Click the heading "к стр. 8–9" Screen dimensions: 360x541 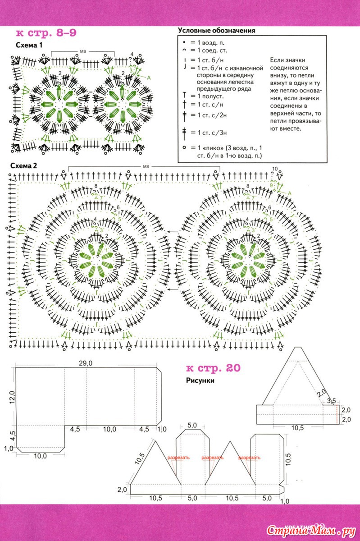tap(46, 33)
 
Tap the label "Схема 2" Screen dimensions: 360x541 tap(24, 166)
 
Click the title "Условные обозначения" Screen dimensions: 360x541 tap(217, 31)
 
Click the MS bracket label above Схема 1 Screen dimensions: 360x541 tap(83, 51)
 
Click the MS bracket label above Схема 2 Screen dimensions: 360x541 tap(146, 167)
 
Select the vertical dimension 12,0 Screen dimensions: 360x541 tap(13, 397)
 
